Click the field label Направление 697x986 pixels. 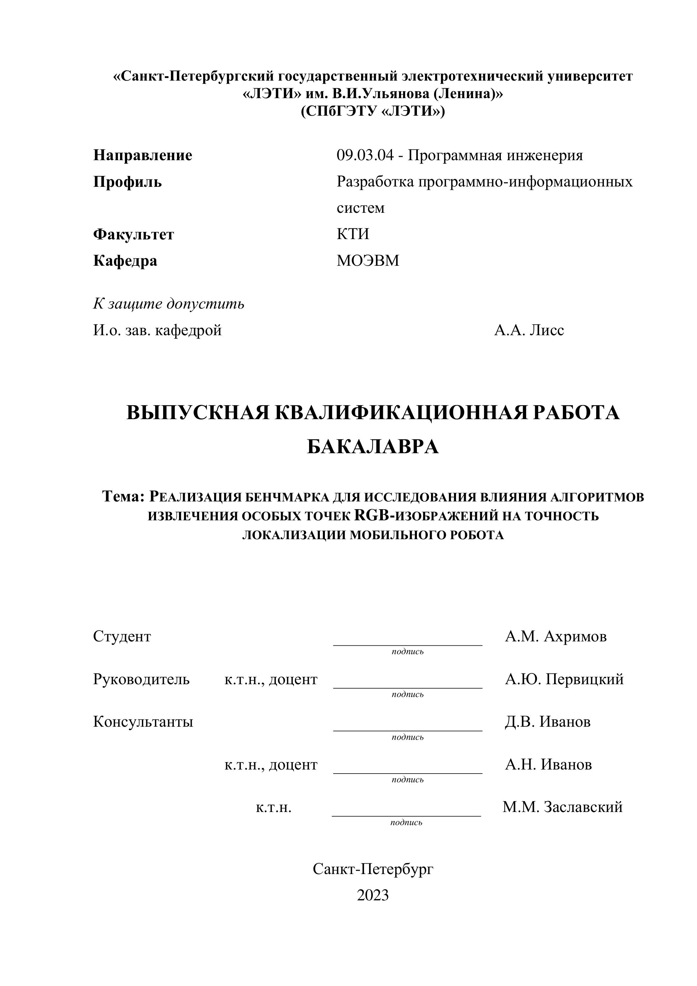143,155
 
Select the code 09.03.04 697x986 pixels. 365,155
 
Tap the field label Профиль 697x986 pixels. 127,182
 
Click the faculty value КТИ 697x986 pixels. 353,234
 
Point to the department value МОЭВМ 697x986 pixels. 368,261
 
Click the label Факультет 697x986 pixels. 133,234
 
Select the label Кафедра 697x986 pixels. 125,261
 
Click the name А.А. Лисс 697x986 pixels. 529,330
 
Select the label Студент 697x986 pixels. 122,636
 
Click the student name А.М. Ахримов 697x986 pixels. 556,636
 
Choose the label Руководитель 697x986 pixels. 141,679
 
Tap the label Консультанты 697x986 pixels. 143,722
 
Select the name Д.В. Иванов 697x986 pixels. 548,722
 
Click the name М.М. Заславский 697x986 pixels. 562,807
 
